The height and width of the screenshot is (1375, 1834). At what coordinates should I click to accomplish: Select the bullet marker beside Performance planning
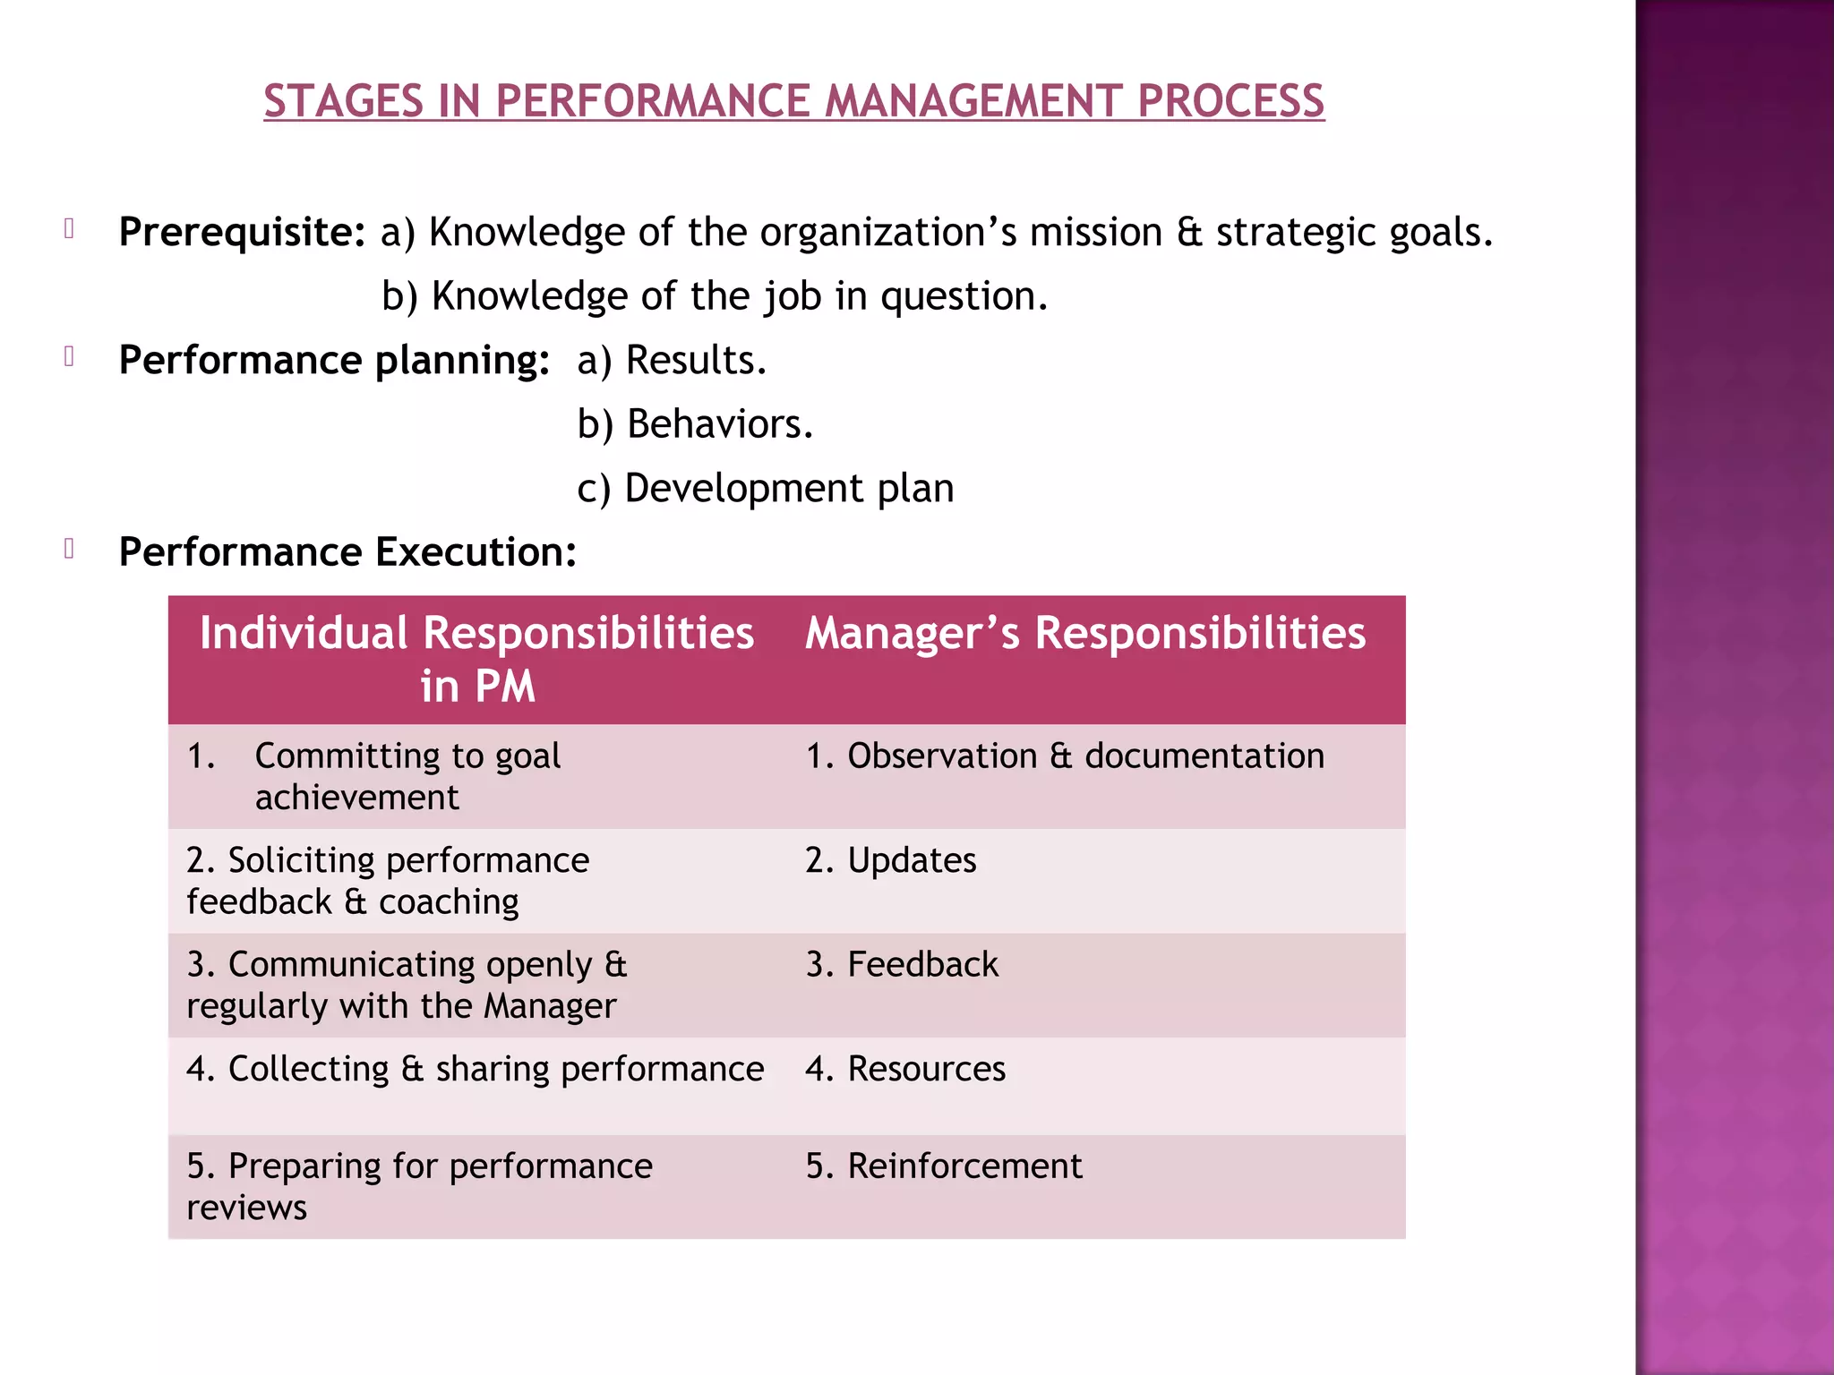pyautogui.click(x=69, y=357)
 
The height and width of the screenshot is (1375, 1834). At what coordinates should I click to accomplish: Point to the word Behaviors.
pyautogui.click(x=719, y=424)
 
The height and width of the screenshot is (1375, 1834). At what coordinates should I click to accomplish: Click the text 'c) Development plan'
pyautogui.click(x=766, y=489)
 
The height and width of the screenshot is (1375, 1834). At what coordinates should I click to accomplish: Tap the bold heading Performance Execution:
pyautogui.click(x=347, y=552)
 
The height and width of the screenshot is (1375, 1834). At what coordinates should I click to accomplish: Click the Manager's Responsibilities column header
pyautogui.click(x=1085, y=634)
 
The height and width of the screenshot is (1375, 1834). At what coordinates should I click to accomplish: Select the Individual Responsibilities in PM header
pyautogui.click(x=476, y=660)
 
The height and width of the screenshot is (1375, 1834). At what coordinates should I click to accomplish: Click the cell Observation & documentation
pyautogui.click(x=1065, y=756)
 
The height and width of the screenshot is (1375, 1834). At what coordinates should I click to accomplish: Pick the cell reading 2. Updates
pyautogui.click(x=891, y=860)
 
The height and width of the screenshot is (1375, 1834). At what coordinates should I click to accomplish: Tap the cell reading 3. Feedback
pyautogui.click(x=902, y=965)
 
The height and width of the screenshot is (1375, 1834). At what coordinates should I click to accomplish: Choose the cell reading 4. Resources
pyautogui.click(x=905, y=1070)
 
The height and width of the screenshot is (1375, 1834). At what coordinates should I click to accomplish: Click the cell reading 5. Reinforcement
pyautogui.click(x=944, y=1166)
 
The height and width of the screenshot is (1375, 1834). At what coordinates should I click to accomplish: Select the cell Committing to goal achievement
pyautogui.click(x=407, y=776)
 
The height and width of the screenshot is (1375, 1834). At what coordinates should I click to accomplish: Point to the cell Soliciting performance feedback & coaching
pyautogui.click(x=388, y=881)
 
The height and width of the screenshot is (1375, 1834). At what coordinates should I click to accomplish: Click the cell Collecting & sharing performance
pyautogui.click(x=476, y=1070)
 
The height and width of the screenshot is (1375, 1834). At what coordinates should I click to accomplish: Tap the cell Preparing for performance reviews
pyautogui.click(x=419, y=1186)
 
